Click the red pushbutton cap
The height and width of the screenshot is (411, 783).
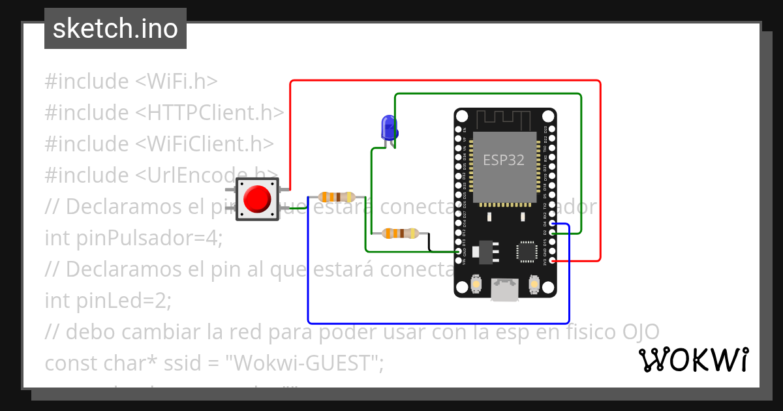point(257,199)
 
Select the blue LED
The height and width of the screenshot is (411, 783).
point(389,127)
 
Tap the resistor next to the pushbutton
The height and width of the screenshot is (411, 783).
point(337,196)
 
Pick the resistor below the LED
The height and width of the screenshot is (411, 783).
point(401,233)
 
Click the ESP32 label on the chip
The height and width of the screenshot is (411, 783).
point(503,160)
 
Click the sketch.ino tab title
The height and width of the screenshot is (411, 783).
point(115,29)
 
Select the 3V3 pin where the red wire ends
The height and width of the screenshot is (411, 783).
point(553,260)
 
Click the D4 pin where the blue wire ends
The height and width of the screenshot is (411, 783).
point(553,224)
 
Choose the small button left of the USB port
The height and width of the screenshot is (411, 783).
point(476,285)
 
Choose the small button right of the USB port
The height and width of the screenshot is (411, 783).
point(534,285)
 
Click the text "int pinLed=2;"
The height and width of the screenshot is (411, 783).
point(108,301)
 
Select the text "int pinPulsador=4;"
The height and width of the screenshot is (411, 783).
point(134,238)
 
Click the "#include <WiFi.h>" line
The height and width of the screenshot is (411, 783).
point(130,82)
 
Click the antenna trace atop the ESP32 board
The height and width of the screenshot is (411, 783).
point(504,119)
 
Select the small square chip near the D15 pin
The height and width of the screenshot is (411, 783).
point(526,252)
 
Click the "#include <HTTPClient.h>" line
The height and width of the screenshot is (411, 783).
point(164,113)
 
